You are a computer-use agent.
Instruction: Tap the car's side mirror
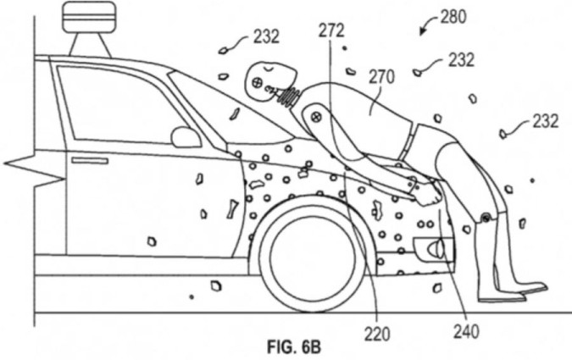[x=186, y=136]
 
